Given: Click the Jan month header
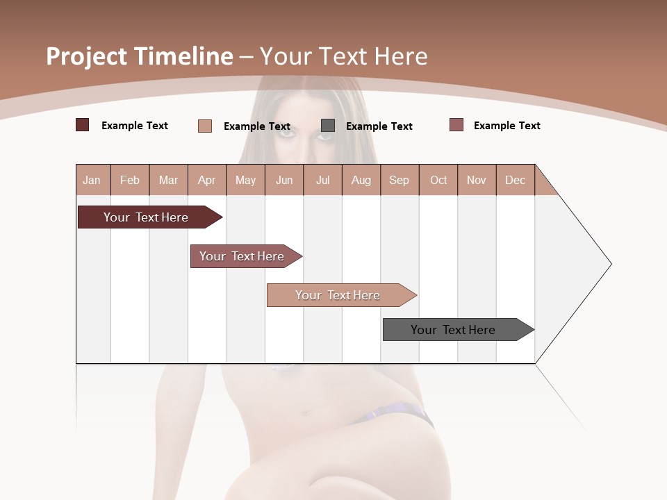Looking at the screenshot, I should click(92, 180).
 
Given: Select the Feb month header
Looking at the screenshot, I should click(130, 180).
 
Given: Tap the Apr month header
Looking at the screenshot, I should click(207, 180).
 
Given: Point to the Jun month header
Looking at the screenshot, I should click(284, 180).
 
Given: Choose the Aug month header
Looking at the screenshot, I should click(361, 180).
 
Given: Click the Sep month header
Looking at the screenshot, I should click(400, 180).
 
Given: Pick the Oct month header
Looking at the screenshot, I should click(438, 180).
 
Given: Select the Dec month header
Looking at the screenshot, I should click(516, 180).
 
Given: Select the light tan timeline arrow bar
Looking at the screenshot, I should click(339, 295).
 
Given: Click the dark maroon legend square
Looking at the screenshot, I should click(83, 125).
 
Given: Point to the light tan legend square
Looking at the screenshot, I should click(205, 126).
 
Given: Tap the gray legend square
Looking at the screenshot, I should click(328, 126).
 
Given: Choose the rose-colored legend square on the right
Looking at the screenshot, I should click(456, 125).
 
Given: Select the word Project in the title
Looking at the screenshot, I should click(86, 56).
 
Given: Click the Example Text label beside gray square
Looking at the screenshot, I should click(379, 126).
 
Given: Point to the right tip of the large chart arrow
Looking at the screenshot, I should click(609, 264).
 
